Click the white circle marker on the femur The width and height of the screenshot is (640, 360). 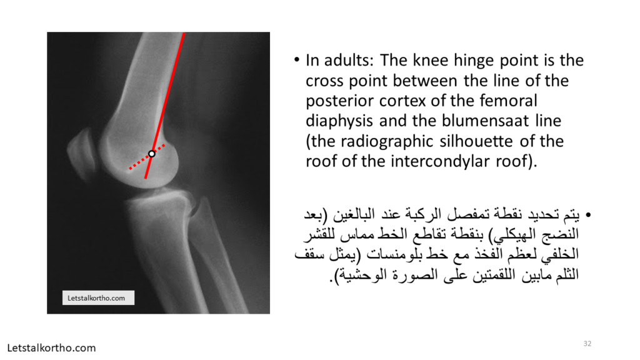coord(152,154)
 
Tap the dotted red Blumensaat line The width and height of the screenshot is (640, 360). coord(147,157)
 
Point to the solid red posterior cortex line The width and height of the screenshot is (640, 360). coord(164,105)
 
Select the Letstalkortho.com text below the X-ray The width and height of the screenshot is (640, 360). coord(51,348)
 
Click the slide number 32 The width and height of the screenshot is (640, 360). coord(587,344)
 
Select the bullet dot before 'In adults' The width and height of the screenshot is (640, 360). coord(297,61)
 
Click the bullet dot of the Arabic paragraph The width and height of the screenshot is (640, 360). coord(588,215)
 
